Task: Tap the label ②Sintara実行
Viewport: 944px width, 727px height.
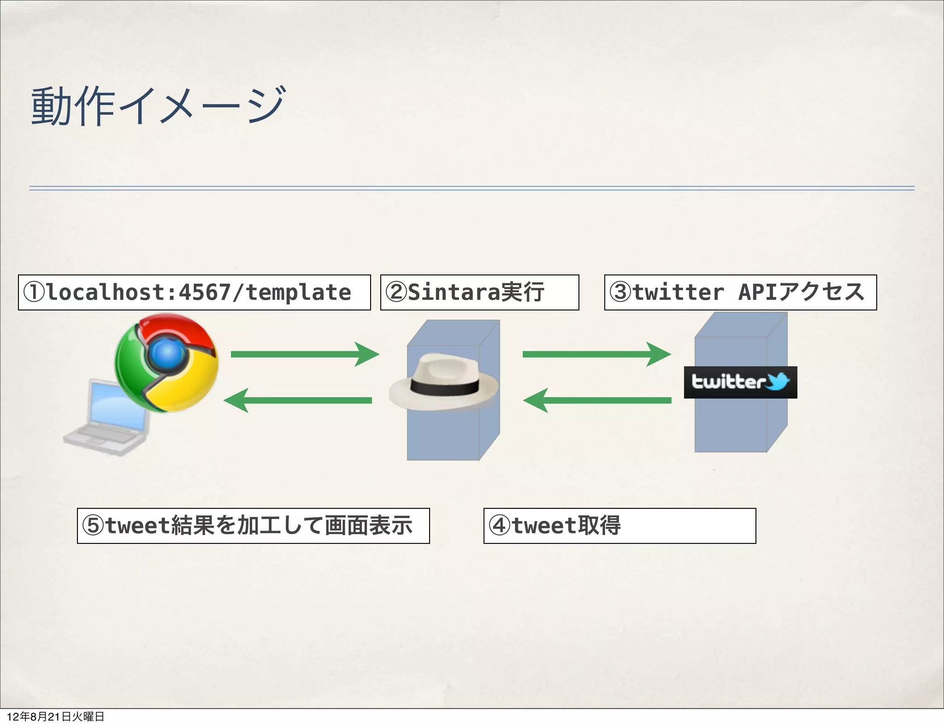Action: (479, 292)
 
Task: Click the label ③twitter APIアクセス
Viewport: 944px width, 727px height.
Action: (740, 292)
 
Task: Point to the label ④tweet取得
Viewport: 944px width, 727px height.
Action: (619, 526)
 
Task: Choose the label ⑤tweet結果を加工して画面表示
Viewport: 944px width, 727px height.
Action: (253, 526)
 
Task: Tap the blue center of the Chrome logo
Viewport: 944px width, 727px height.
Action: (167, 353)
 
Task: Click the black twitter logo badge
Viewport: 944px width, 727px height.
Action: (740, 382)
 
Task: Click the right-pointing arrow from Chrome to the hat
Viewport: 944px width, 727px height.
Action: (304, 354)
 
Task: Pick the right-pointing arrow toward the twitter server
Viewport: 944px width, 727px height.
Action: (596, 354)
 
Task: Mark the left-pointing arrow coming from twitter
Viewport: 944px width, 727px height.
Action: (597, 400)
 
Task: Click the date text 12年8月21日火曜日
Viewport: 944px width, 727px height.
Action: (56, 716)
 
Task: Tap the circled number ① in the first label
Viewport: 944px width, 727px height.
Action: (34, 292)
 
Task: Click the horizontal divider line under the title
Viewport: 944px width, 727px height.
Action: (472, 188)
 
